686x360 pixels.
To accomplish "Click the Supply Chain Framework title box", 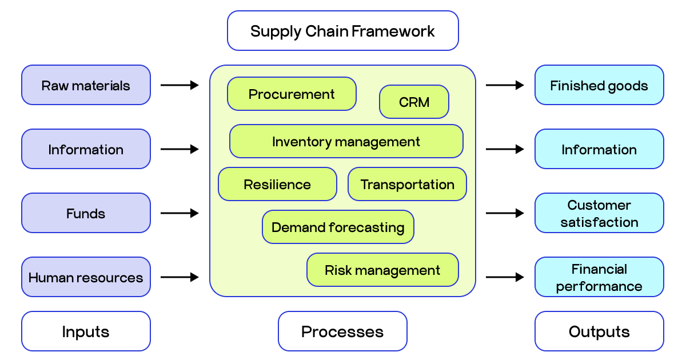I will [x=342, y=31].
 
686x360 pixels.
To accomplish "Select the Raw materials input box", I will [x=86, y=85].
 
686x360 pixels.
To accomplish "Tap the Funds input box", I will [x=86, y=213].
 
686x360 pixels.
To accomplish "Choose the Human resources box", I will [x=86, y=277].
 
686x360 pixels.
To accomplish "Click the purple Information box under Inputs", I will [x=86, y=149].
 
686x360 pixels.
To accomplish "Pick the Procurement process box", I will [x=292, y=94].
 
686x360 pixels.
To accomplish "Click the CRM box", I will [x=414, y=102].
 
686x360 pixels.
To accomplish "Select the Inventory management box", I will [x=346, y=141].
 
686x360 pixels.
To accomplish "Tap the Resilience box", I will [x=277, y=184].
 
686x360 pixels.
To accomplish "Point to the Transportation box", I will [x=407, y=184].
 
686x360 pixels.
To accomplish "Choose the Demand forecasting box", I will [x=338, y=227].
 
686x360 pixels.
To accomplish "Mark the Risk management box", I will [x=382, y=270].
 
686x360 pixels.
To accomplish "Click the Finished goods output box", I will [x=599, y=85].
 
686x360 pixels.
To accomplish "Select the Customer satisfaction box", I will [x=599, y=213].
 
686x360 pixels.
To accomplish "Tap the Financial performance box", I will [x=599, y=277].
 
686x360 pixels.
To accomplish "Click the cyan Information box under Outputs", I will [x=599, y=149].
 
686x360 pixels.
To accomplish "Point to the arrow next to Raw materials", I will [x=180, y=85].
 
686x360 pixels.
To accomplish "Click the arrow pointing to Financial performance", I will [x=505, y=277].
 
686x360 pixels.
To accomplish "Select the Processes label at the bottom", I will [x=342, y=331].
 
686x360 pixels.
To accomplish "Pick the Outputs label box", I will [x=599, y=331].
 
